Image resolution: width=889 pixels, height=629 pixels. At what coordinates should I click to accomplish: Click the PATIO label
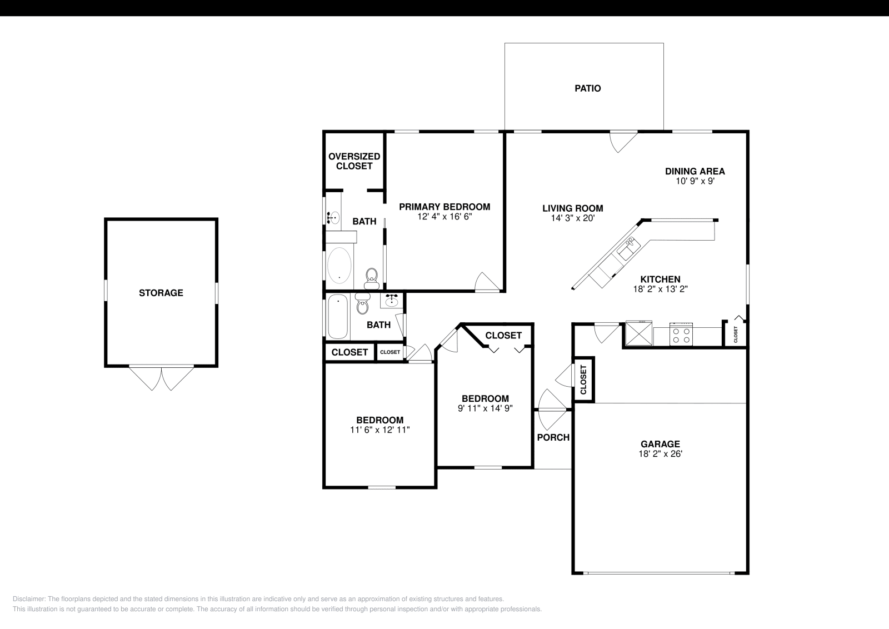(x=588, y=88)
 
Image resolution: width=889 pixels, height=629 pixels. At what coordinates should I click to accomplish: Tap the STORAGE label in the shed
(x=161, y=293)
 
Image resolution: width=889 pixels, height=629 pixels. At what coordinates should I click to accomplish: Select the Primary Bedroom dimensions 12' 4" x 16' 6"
(x=444, y=217)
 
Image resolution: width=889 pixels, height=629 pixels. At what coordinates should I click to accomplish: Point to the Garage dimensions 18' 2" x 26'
(x=660, y=453)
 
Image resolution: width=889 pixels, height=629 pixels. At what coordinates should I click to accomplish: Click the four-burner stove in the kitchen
(x=681, y=334)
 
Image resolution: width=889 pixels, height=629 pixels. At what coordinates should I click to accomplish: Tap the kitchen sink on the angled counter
(x=628, y=248)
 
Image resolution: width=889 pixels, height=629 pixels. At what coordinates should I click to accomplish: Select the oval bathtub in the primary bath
(x=339, y=266)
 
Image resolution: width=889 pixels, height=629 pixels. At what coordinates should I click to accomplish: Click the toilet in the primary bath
(x=372, y=278)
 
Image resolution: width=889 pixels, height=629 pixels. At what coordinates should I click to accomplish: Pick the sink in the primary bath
(x=333, y=217)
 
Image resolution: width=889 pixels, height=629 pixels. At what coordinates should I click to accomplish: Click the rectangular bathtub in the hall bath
(x=338, y=316)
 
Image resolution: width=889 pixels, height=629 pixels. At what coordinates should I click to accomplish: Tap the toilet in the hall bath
(x=362, y=303)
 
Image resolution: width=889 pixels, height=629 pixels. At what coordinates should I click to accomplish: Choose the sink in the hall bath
(x=392, y=301)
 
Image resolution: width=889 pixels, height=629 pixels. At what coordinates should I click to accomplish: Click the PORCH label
(x=553, y=437)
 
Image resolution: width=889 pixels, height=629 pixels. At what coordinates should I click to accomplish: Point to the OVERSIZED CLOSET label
(x=354, y=161)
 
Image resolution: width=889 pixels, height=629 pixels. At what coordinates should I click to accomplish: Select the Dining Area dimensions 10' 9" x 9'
(x=695, y=181)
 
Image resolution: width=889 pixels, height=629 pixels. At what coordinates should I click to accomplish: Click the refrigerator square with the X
(x=639, y=333)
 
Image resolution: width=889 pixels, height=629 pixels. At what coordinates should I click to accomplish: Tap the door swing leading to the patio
(x=623, y=142)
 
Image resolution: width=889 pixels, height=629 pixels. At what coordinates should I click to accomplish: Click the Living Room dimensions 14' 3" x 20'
(x=573, y=218)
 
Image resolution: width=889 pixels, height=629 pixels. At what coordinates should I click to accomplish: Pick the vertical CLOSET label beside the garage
(x=583, y=380)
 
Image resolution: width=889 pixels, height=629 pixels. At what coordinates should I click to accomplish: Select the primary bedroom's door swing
(x=487, y=281)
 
